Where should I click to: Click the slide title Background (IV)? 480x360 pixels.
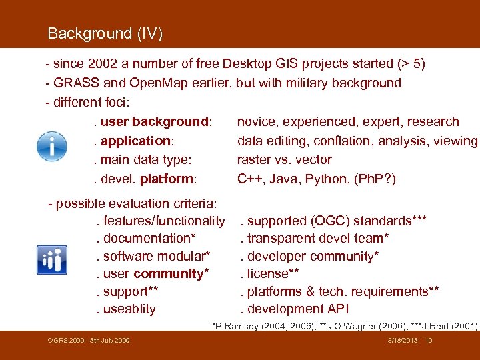[105, 33]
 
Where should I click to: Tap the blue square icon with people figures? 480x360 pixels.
[51, 259]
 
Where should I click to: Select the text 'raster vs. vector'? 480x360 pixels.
[284, 159]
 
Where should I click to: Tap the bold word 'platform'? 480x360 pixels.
[167, 179]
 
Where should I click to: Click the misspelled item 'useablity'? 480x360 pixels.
[128, 309]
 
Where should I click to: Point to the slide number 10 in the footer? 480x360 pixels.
[429, 341]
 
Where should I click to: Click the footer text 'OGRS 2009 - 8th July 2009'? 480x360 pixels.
[89, 341]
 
